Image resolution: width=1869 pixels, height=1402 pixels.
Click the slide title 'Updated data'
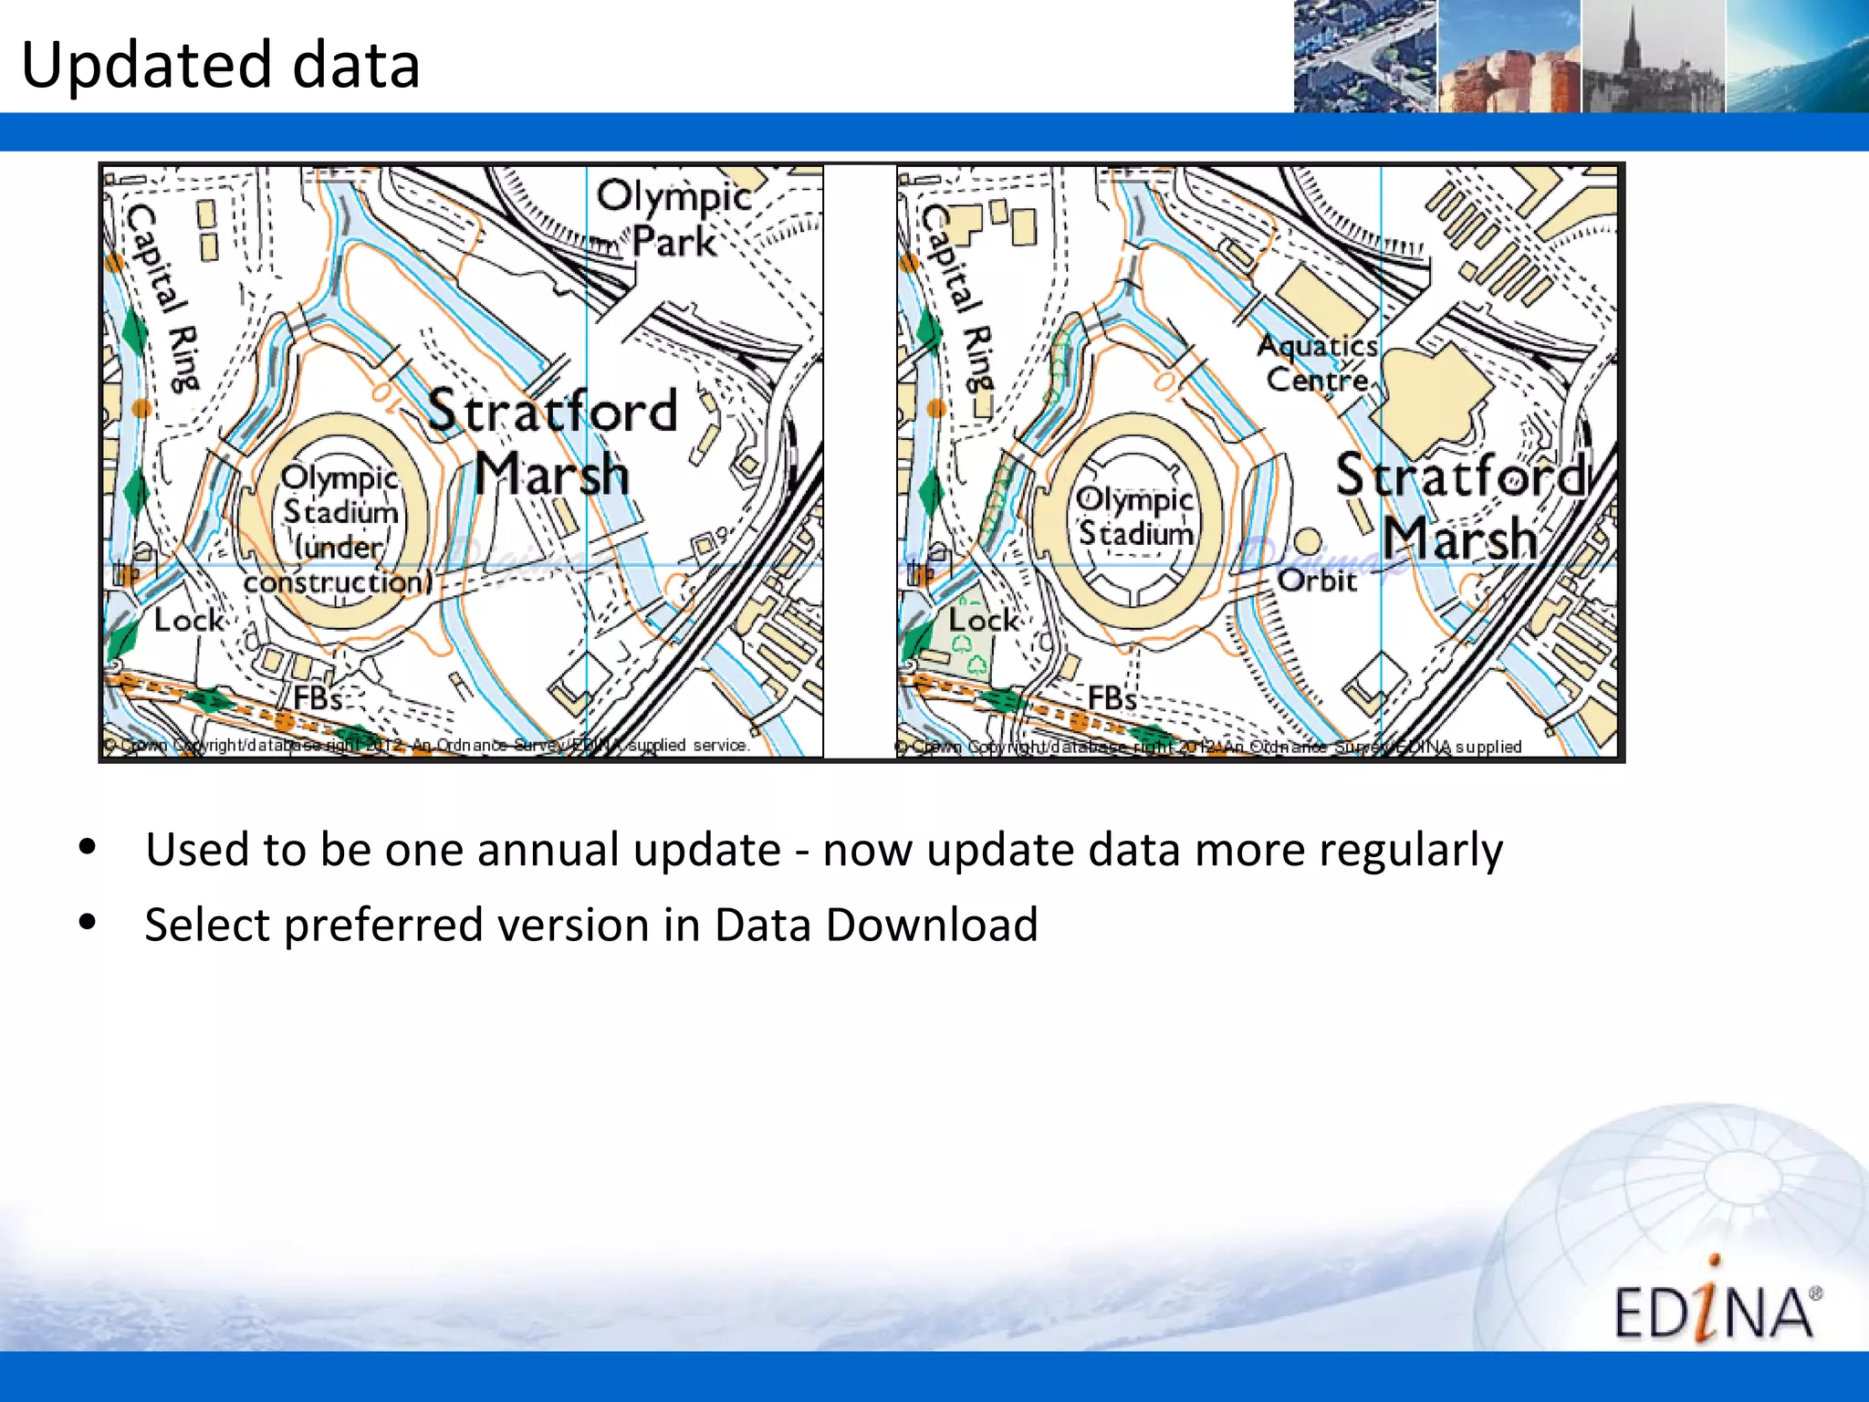tap(220, 66)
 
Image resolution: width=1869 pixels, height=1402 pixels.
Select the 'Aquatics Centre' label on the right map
tap(1317, 362)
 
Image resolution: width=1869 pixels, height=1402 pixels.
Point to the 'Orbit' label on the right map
tap(1317, 581)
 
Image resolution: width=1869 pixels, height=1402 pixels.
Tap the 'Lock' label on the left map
tap(188, 621)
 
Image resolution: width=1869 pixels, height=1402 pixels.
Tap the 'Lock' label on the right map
tap(983, 621)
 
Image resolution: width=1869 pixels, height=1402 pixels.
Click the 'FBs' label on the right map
tap(1112, 699)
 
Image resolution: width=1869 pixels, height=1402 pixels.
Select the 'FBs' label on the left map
tap(317, 699)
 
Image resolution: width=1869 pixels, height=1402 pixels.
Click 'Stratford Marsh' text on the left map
tap(552, 443)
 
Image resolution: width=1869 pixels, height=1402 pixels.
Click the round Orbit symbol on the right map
tap(1308, 541)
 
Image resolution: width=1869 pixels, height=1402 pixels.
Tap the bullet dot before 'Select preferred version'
tap(88, 922)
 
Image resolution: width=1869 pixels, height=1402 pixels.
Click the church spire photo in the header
tap(1653, 57)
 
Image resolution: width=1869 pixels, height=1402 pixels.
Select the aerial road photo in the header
tap(1365, 57)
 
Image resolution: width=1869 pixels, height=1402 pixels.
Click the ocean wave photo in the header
tap(1797, 57)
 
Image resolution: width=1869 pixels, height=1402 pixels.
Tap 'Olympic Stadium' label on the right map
tap(1134, 517)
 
